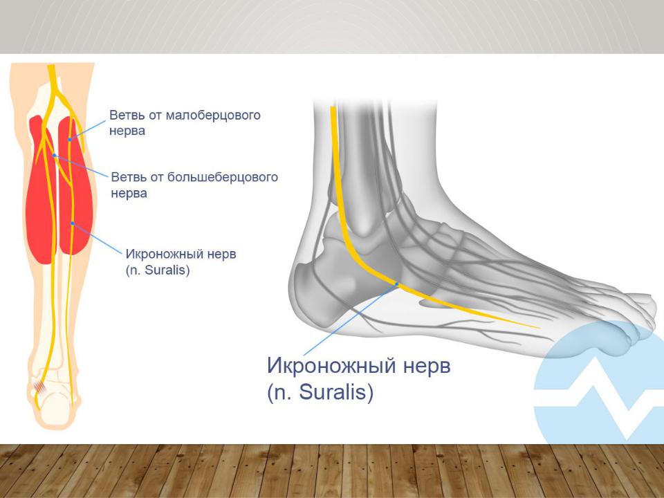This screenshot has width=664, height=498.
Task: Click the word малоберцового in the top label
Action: [212, 116]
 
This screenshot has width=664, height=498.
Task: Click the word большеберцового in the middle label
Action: [223, 177]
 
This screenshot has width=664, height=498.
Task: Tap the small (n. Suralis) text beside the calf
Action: [158, 270]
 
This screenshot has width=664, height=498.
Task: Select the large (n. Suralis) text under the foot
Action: [320, 391]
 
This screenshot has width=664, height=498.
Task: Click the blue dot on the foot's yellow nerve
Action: [397, 284]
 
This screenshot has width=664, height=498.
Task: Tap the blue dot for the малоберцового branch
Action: [70, 139]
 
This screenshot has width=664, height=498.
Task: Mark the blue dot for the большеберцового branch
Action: [54, 156]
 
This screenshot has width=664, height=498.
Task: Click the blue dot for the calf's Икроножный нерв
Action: [73, 223]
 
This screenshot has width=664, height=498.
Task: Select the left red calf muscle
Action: [40, 191]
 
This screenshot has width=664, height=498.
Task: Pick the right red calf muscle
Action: [75, 186]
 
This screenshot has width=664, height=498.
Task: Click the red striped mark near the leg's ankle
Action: [40, 387]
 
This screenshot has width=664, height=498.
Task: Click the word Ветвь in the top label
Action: [126, 116]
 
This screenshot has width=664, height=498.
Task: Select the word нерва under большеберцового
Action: [129, 194]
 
